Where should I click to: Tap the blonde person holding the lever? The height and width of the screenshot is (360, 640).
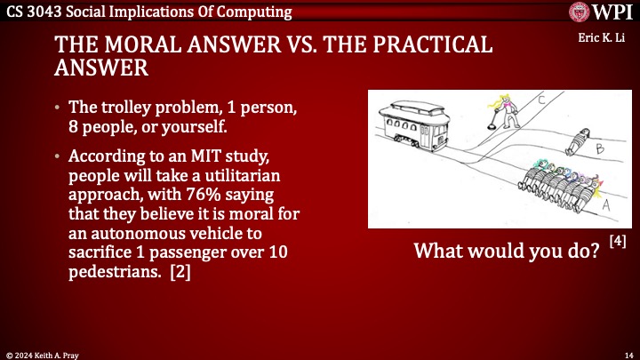(x=487, y=109)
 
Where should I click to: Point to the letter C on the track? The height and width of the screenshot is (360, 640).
(x=541, y=100)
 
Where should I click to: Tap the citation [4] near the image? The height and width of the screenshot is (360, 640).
(x=618, y=240)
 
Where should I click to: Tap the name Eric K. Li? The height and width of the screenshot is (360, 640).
(x=604, y=40)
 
